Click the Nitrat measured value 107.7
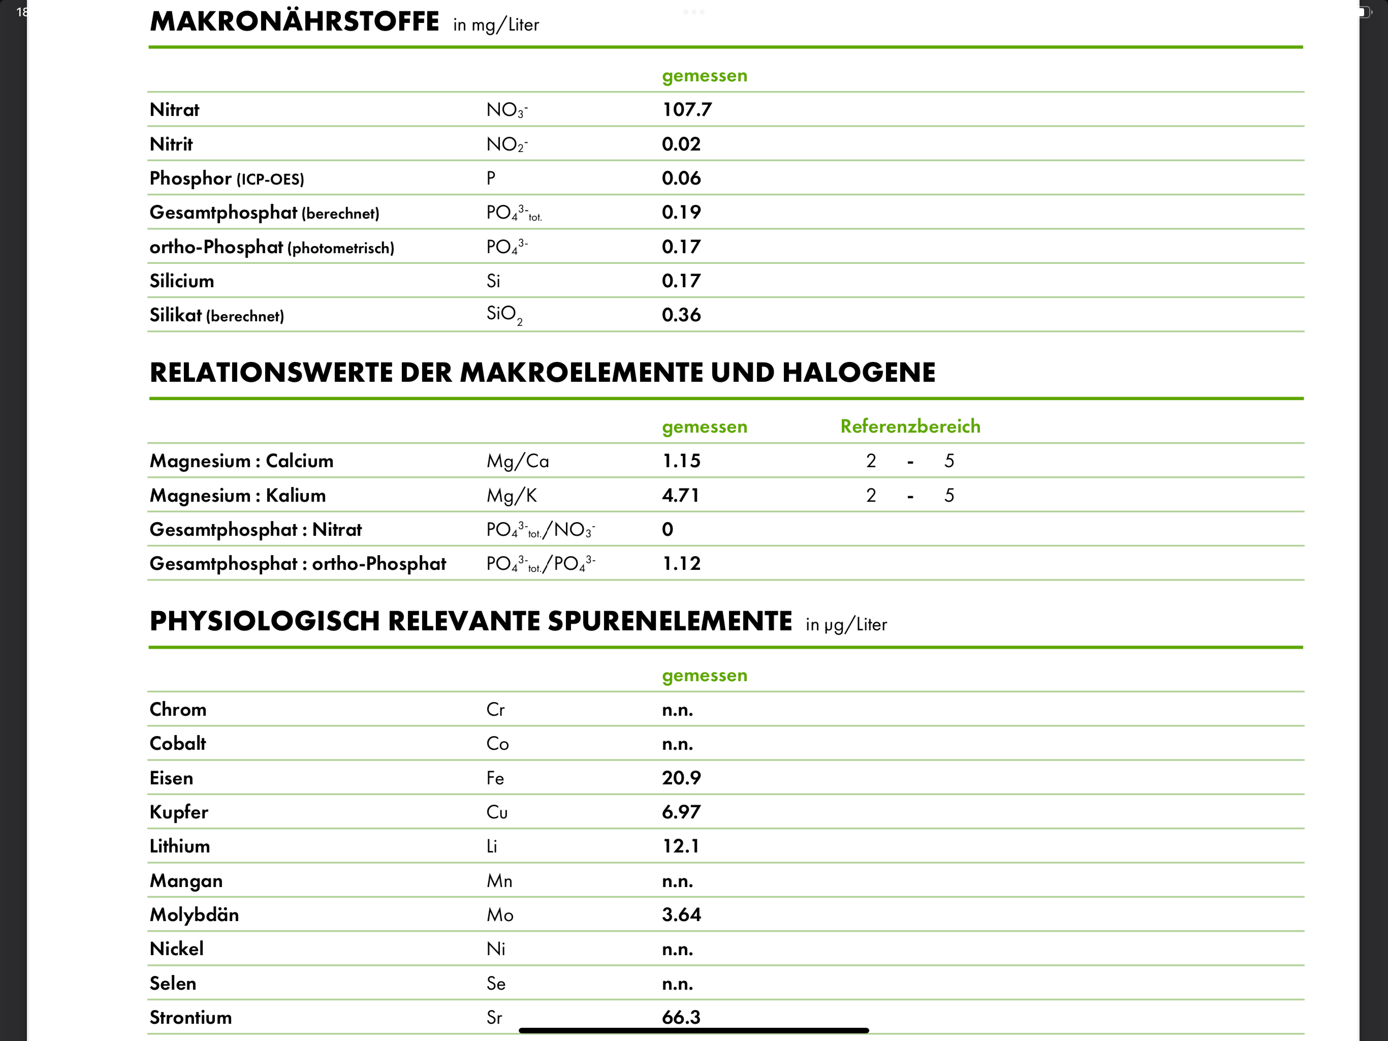pyautogui.click(x=686, y=110)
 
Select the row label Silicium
pyautogui.click(x=181, y=281)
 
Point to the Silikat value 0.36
pyautogui.click(x=681, y=315)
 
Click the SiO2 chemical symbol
pyautogui.click(x=504, y=315)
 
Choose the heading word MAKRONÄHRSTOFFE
pyautogui.click(x=294, y=22)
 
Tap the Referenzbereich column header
pyautogui.click(x=910, y=426)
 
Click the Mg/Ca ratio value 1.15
pyautogui.click(x=681, y=462)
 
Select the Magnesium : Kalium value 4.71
pyautogui.click(x=680, y=496)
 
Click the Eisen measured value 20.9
pyautogui.click(x=681, y=778)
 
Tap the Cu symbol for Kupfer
pyautogui.click(x=496, y=812)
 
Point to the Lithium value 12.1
pyautogui.click(x=681, y=846)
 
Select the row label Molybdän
pyautogui.click(x=194, y=915)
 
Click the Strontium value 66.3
pyautogui.click(x=681, y=1017)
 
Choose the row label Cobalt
pyautogui.click(x=178, y=744)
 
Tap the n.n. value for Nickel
pyautogui.click(x=677, y=950)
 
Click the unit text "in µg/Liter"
pyautogui.click(x=846, y=625)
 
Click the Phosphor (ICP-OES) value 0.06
pyautogui.click(x=681, y=178)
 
